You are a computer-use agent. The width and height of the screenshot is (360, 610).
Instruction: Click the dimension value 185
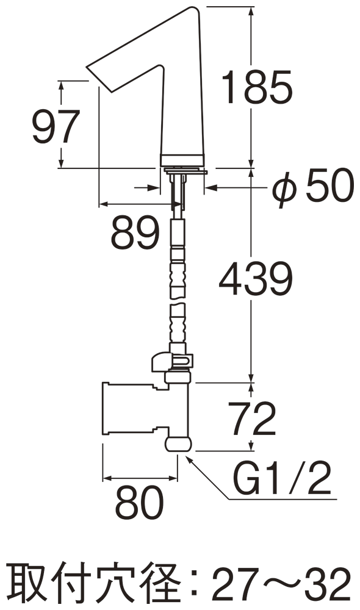click(257, 87)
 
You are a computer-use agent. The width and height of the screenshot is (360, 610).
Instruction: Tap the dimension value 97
click(56, 127)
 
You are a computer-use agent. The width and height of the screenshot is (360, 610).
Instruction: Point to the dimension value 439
click(255, 278)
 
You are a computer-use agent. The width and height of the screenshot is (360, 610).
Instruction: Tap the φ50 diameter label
click(313, 186)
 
